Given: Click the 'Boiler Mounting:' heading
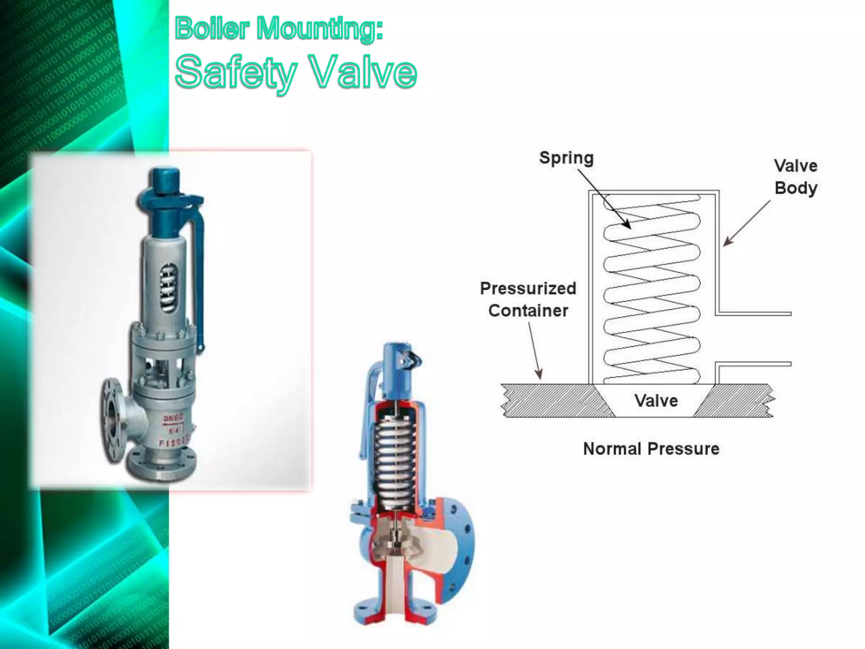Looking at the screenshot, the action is [279, 28].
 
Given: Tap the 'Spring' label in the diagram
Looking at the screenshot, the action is [566, 158].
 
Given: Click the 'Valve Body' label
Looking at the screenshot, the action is [796, 177].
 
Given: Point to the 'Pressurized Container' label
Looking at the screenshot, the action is [528, 299].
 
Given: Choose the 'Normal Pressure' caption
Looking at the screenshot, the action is [651, 449].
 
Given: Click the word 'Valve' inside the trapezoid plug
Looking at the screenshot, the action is [656, 401].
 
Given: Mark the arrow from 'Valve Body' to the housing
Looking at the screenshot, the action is [746, 223].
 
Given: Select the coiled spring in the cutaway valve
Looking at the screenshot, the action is [395, 456].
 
